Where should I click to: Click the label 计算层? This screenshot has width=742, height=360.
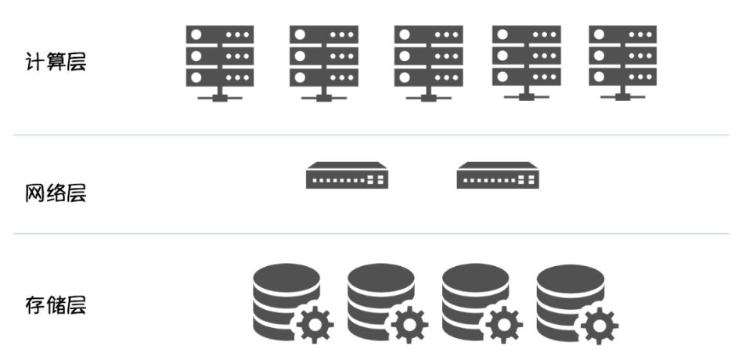click(x=56, y=62)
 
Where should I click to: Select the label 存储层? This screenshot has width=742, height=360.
click(x=56, y=304)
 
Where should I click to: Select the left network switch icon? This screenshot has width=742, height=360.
click(x=347, y=175)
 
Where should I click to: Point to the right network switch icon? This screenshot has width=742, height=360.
click(x=498, y=175)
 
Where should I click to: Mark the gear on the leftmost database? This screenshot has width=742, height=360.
click(x=314, y=323)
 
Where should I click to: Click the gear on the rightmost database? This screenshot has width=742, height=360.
click(x=598, y=323)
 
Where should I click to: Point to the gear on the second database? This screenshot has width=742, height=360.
click(x=409, y=323)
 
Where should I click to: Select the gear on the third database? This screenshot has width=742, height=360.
click(x=503, y=323)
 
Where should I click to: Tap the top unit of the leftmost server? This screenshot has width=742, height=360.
click(x=220, y=35)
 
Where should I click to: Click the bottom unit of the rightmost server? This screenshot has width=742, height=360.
click(x=622, y=77)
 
